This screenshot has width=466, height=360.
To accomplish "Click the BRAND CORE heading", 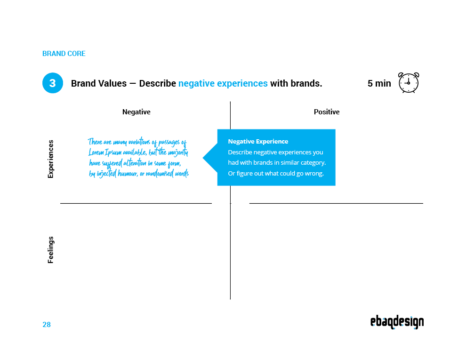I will point(64,54).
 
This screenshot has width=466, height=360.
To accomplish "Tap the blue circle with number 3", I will point(53,83).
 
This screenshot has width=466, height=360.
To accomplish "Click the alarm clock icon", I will point(409,83).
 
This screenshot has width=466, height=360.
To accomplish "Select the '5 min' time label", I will point(379,83).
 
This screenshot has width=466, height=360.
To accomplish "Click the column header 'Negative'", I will point(137,112).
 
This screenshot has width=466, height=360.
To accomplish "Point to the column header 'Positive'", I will point(327,112).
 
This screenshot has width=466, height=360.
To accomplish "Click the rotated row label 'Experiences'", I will point(51,159).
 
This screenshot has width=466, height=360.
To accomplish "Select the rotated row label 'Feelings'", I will point(51,249).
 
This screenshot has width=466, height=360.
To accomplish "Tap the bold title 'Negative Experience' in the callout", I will point(258,141).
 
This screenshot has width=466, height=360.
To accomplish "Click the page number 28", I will point(47,325).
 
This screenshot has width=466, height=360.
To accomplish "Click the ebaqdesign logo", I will point(397,322).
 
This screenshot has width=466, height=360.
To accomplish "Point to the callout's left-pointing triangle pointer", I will point(210,158).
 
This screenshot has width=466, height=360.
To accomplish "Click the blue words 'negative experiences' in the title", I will point(223,83).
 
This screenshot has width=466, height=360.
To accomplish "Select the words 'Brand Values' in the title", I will point(99,83).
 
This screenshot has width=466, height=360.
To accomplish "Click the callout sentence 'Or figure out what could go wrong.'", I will point(275,174).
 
